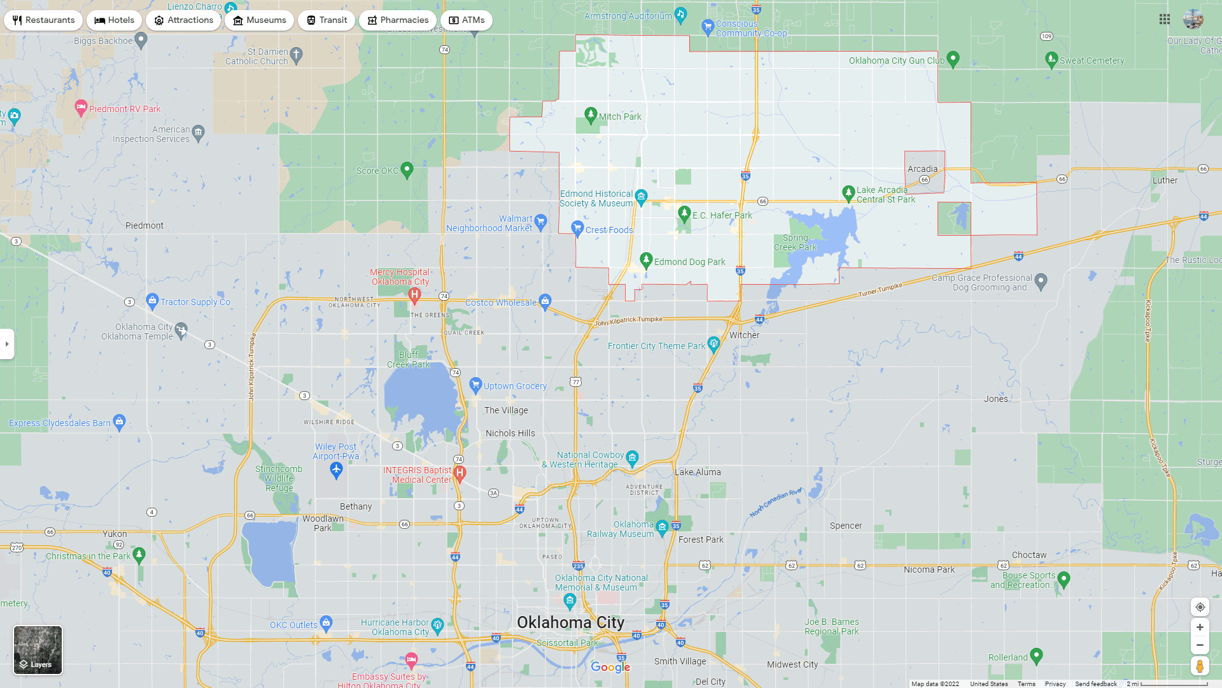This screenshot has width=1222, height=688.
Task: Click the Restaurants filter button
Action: [43, 20]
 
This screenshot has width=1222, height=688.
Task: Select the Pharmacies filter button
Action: [397, 20]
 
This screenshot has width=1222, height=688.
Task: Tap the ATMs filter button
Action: [467, 20]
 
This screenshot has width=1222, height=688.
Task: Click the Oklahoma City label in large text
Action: [570, 622]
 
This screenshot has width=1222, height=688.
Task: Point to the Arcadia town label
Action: [922, 169]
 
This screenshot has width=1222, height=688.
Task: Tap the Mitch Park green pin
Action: [591, 115]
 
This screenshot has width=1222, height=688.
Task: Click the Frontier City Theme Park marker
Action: [713, 344]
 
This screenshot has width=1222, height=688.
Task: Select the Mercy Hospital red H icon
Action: [414, 294]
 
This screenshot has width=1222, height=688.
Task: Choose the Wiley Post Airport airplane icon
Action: [336, 470]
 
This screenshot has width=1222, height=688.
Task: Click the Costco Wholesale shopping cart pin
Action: [545, 301]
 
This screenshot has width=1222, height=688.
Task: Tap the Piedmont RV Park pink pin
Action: [81, 107]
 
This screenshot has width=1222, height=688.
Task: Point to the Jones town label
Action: [995, 399]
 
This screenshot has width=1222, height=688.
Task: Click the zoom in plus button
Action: [1200, 627]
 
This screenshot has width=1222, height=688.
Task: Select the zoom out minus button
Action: [1200, 645]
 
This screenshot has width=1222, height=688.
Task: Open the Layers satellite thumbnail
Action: [38, 650]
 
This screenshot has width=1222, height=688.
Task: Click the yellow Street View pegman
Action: [1200, 666]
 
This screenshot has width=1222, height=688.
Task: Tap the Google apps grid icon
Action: [1165, 20]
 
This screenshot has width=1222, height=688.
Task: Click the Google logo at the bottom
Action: [610, 667]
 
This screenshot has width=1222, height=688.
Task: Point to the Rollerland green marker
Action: [1036, 656]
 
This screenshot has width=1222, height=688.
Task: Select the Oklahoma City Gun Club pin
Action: [953, 59]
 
